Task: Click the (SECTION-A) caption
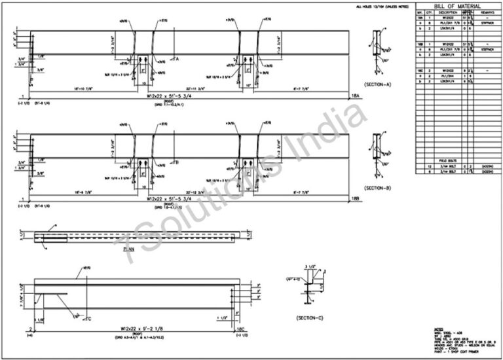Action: [377, 85]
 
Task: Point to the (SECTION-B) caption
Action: [377, 188]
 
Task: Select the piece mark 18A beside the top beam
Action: [356, 96]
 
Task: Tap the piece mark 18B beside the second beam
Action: [356, 198]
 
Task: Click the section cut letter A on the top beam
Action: [177, 58]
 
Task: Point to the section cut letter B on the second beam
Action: [177, 161]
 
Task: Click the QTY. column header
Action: [430, 12]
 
